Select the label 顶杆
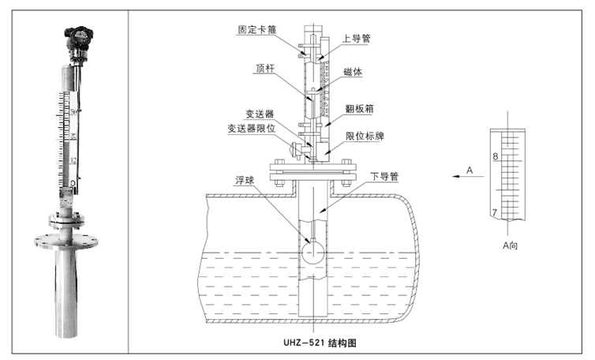click(265, 68)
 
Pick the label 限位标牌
click(365, 136)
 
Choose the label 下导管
click(383, 175)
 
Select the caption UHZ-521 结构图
click(323, 344)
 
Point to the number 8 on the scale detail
click(496, 158)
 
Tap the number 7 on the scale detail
click(495, 213)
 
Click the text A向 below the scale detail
click(511, 246)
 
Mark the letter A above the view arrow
click(469, 170)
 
